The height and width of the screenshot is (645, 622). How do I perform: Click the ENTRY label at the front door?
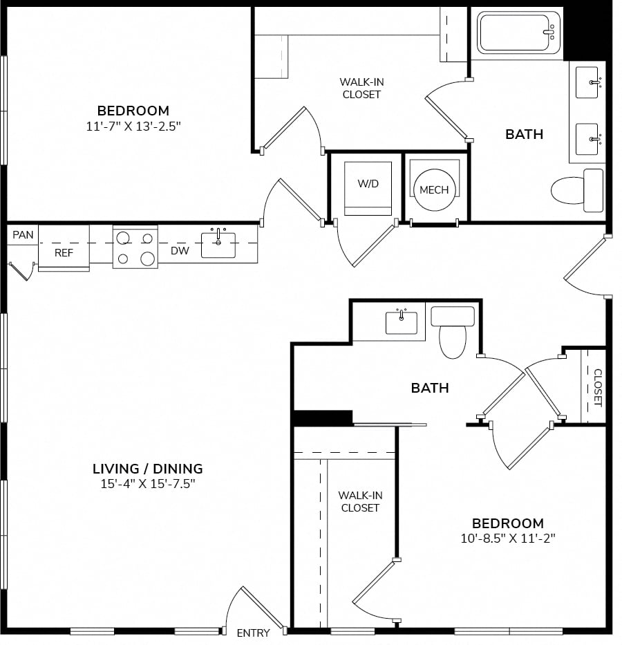coord(253,633)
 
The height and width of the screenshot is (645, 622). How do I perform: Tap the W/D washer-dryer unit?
coord(368,189)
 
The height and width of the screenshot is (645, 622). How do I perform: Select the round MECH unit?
coord(435,189)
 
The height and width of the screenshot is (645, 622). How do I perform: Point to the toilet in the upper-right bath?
coord(577,190)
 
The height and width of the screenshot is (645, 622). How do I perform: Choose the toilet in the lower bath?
coord(453,332)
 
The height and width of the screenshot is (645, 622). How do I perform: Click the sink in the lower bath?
coord(402,322)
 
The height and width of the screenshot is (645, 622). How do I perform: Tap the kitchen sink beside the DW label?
coord(218,245)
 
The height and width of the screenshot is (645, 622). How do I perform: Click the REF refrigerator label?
coord(64,252)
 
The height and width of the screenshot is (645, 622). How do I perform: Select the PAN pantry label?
coord(23,235)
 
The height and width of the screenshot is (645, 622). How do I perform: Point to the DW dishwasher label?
coord(180,250)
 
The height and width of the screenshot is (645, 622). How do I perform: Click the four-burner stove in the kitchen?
coord(135,247)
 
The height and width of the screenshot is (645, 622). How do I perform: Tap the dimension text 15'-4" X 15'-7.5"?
coord(148,484)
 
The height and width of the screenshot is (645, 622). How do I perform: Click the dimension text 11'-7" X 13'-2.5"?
coord(133,126)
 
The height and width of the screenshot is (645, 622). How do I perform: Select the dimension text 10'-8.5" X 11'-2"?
coord(508,538)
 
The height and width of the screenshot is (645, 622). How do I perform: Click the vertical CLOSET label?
coord(598,388)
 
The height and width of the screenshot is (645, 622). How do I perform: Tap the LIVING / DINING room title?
coord(148,469)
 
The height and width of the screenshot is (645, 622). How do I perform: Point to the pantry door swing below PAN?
coord(21,272)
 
